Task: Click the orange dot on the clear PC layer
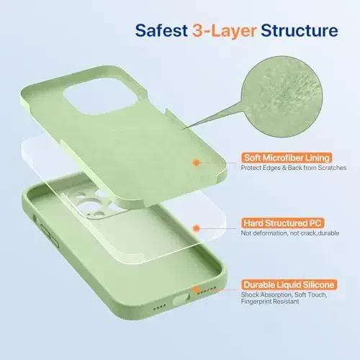click(196, 228)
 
